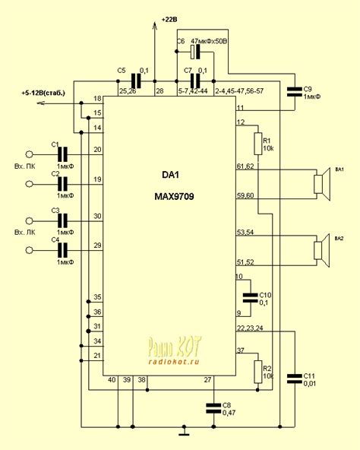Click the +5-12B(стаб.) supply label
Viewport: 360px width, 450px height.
(48, 92)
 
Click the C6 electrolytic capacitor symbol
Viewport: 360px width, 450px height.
(195, 51)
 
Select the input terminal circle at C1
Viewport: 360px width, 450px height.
(30, 152)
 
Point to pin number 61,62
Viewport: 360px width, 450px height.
(245, 166)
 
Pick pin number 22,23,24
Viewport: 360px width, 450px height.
(250, 328)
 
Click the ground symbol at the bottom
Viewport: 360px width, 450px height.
(182, 434)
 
